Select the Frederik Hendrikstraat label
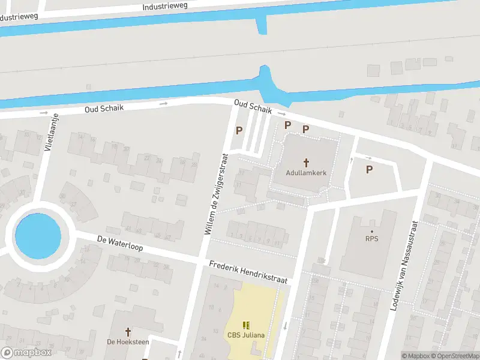[248, 272]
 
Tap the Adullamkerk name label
[306, 173]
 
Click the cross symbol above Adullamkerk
[306, 162]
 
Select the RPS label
[372, 239]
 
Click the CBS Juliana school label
[246, 335]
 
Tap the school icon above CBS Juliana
[246, 325]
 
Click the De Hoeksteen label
[127, 342]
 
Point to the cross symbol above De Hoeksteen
[127, 331]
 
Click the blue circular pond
[38, 236]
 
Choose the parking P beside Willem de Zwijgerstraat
[239, 130]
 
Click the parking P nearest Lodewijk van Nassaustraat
[369, 169]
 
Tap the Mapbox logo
[26, 352]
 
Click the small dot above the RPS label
[372, 231]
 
